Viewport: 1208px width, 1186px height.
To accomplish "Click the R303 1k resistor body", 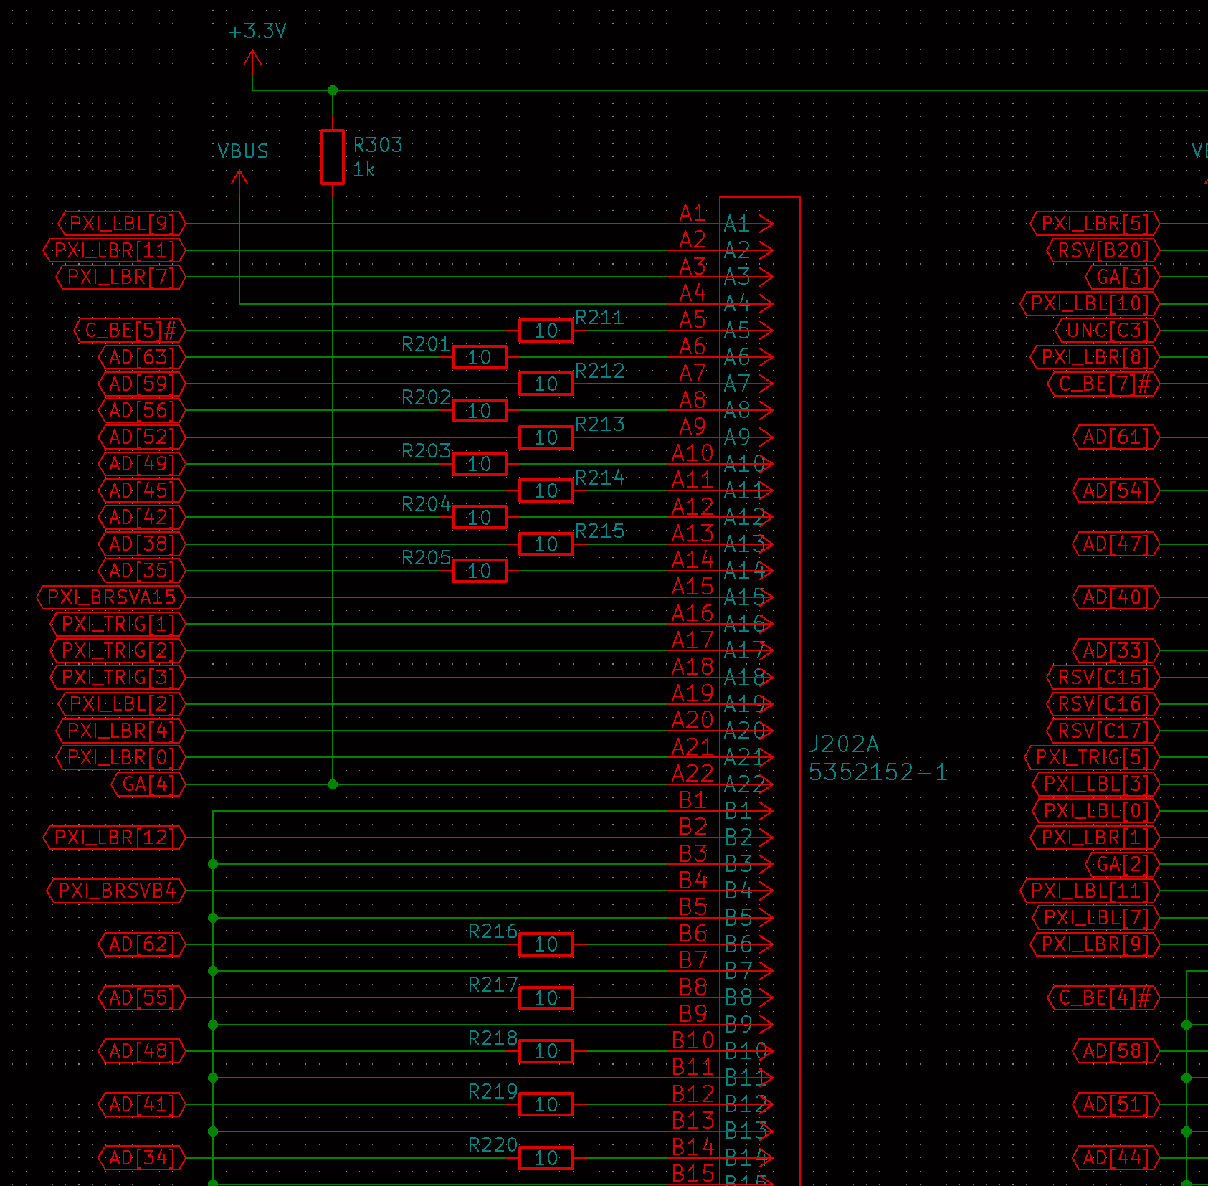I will [333, 157].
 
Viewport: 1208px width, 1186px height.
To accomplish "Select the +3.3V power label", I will [257, 32].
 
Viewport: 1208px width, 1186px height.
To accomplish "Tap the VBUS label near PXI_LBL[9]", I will [243, 151].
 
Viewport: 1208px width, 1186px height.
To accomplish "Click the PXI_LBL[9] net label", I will [122, 224].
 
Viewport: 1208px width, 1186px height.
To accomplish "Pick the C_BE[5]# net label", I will [130, 331].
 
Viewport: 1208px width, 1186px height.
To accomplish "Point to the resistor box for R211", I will [546, 331].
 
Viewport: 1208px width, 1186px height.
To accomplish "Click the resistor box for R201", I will [479, 357].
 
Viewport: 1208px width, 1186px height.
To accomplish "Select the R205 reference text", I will [426, 558].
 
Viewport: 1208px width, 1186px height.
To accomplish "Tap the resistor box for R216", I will [546, 944].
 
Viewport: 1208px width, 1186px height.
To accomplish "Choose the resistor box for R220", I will [546, 1158].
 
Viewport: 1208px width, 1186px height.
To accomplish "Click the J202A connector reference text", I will [844, 744].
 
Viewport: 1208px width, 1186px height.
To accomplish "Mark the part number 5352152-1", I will [878, 772].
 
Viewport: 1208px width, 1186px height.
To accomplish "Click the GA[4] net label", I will [148, 784].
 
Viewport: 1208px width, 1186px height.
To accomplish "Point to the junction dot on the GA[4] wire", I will [333, 784].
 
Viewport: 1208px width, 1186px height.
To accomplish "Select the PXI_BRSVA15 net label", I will [111, 597].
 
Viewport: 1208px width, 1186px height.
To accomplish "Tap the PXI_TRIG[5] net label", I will [1092, 757].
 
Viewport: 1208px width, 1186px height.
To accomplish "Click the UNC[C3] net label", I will [1107, 331].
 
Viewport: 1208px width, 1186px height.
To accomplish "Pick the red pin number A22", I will [693, 774].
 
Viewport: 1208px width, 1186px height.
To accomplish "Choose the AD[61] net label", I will [1116, 437].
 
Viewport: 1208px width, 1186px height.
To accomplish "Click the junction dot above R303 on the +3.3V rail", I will [333, 90].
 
